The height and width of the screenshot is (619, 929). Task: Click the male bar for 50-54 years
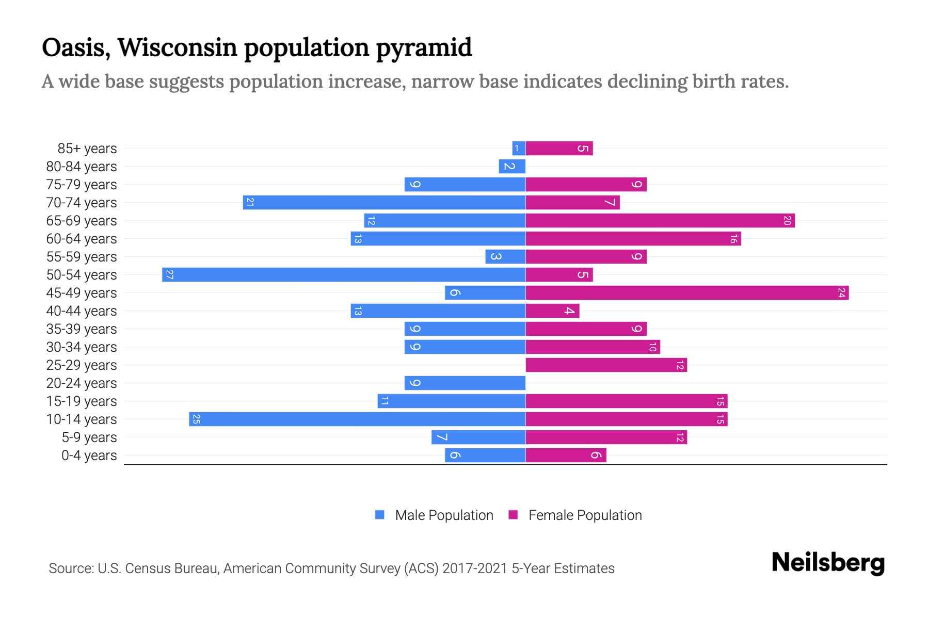coord(344,274)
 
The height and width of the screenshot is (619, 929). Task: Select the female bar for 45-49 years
coord(687,292)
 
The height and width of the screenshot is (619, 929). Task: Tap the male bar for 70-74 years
coord(384,202)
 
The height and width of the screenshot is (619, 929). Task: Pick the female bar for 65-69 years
coord(660,220)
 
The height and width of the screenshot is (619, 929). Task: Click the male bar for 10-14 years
coord(357,419)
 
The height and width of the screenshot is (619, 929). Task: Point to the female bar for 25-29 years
coord(606,365)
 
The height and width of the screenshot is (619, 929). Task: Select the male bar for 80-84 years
coord(512,166)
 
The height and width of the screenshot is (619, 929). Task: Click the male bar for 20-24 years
coord(464,383)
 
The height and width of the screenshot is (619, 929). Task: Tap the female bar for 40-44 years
coord(552,311)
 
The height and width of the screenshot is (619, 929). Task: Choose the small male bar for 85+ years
coord(519,148)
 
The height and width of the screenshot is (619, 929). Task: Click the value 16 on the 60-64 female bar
coord(733,238)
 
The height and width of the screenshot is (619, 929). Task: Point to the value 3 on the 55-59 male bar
coord(495,256)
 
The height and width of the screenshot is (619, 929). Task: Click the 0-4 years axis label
coord(89,455)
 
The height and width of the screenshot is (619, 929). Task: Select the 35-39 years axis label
coord(82,329)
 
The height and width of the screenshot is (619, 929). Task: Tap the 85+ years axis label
coord(87,149)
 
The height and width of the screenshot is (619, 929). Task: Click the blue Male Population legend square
coord(380,515)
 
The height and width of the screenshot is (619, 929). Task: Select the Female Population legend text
coord(585,515)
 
